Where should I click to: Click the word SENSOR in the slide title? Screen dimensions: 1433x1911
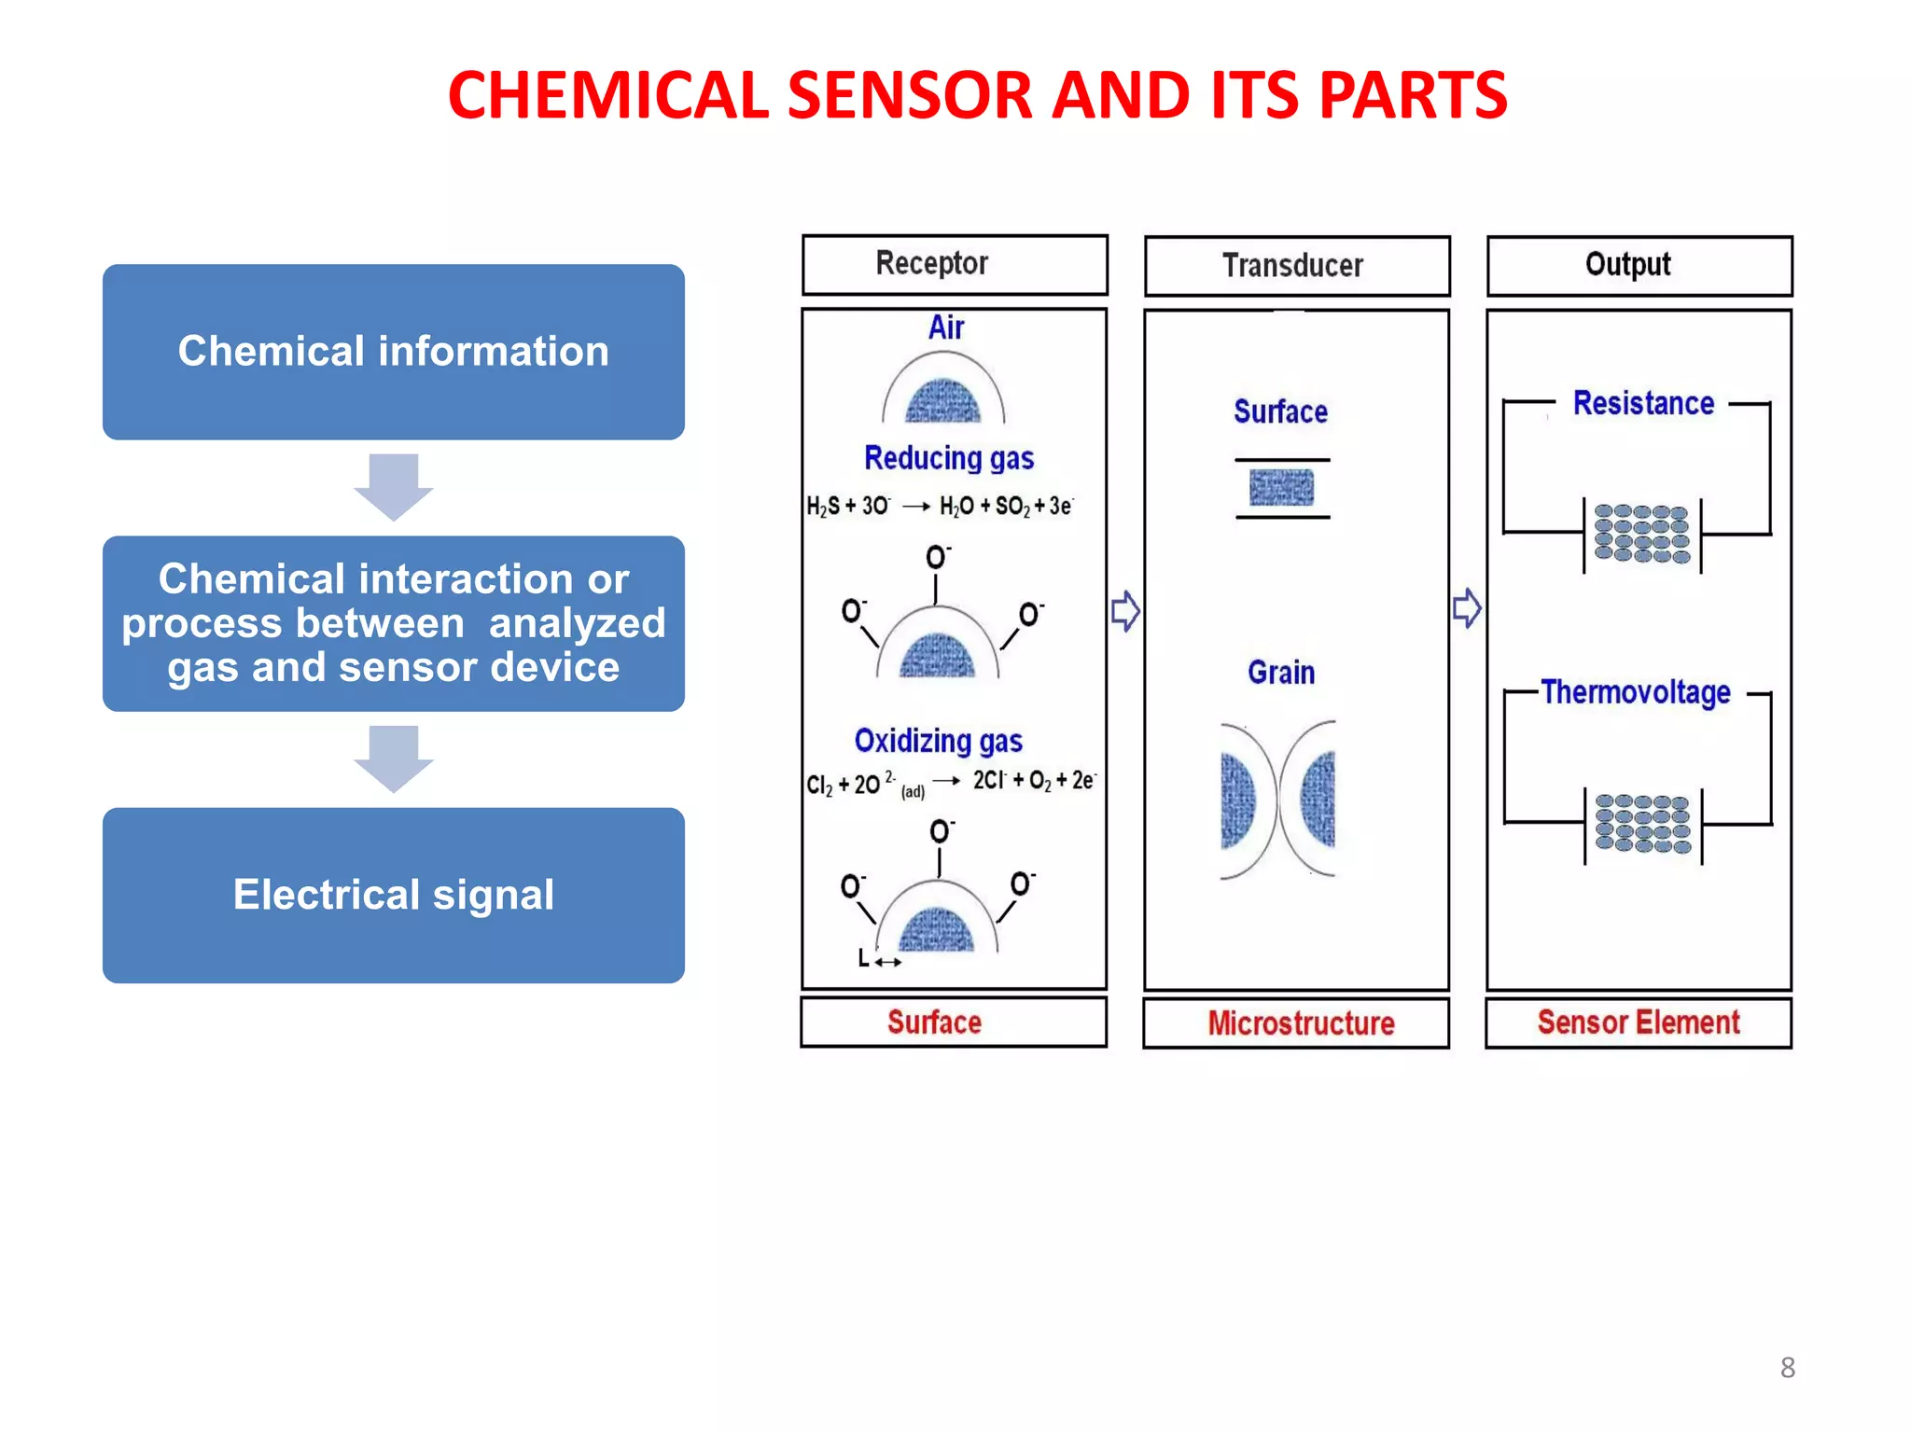(x=910, y=96)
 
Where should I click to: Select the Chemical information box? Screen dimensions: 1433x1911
(x=393, y=352)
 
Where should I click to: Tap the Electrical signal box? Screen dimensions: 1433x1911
(x=393, y=895)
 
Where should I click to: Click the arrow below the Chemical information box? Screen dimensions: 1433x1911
(x=393, y=486)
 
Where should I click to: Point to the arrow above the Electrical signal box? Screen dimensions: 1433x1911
(x=393, y=758)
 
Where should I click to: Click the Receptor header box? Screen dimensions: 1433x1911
(x=954, y=265)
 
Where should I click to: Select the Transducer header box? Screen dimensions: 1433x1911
(x=1296, y=266)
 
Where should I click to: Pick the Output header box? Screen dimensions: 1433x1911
(x=1639, y=266)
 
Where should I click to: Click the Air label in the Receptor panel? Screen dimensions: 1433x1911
(x=945, y=327)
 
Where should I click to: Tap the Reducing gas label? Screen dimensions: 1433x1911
(x=949, y=458)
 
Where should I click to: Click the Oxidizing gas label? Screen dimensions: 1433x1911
(x=938, y=741)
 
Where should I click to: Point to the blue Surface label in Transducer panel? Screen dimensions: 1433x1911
(x=1280, y=411)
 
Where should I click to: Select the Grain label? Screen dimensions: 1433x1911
(x=1281, y=673)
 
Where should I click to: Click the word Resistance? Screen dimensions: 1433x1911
(x=1643, y=403)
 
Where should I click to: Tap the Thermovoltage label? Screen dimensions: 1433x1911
(x=1636, y=692)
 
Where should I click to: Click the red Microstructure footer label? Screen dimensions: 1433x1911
(x=1301, y=1023)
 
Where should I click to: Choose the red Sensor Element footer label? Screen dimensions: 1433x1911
(x=1639, y=1023)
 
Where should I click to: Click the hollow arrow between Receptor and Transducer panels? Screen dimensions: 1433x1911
(x=1125, y=611)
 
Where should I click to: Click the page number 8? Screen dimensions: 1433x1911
(x=1787, y=1368)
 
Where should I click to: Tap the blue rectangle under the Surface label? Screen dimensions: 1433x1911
(x=1281, y=487)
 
